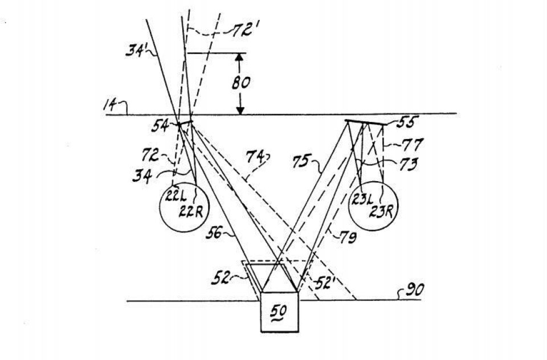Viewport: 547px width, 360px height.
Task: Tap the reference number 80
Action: [240, 82]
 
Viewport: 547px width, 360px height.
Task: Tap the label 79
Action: [348, 239]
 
